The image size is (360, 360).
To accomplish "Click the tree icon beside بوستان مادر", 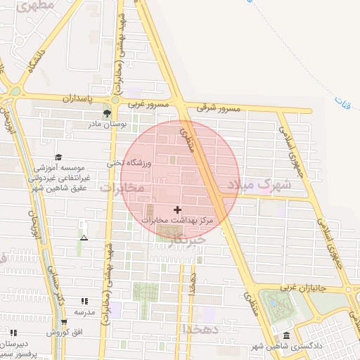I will [107, 112].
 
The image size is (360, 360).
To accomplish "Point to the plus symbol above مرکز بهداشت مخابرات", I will [176, 210].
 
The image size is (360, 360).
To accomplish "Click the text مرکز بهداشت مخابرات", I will [176, 221].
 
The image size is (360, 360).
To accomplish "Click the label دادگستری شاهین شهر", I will [288, 345].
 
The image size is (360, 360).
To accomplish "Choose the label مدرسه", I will [84, 311].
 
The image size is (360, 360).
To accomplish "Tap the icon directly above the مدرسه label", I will [84, 301].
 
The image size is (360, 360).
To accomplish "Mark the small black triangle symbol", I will [84, 238].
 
